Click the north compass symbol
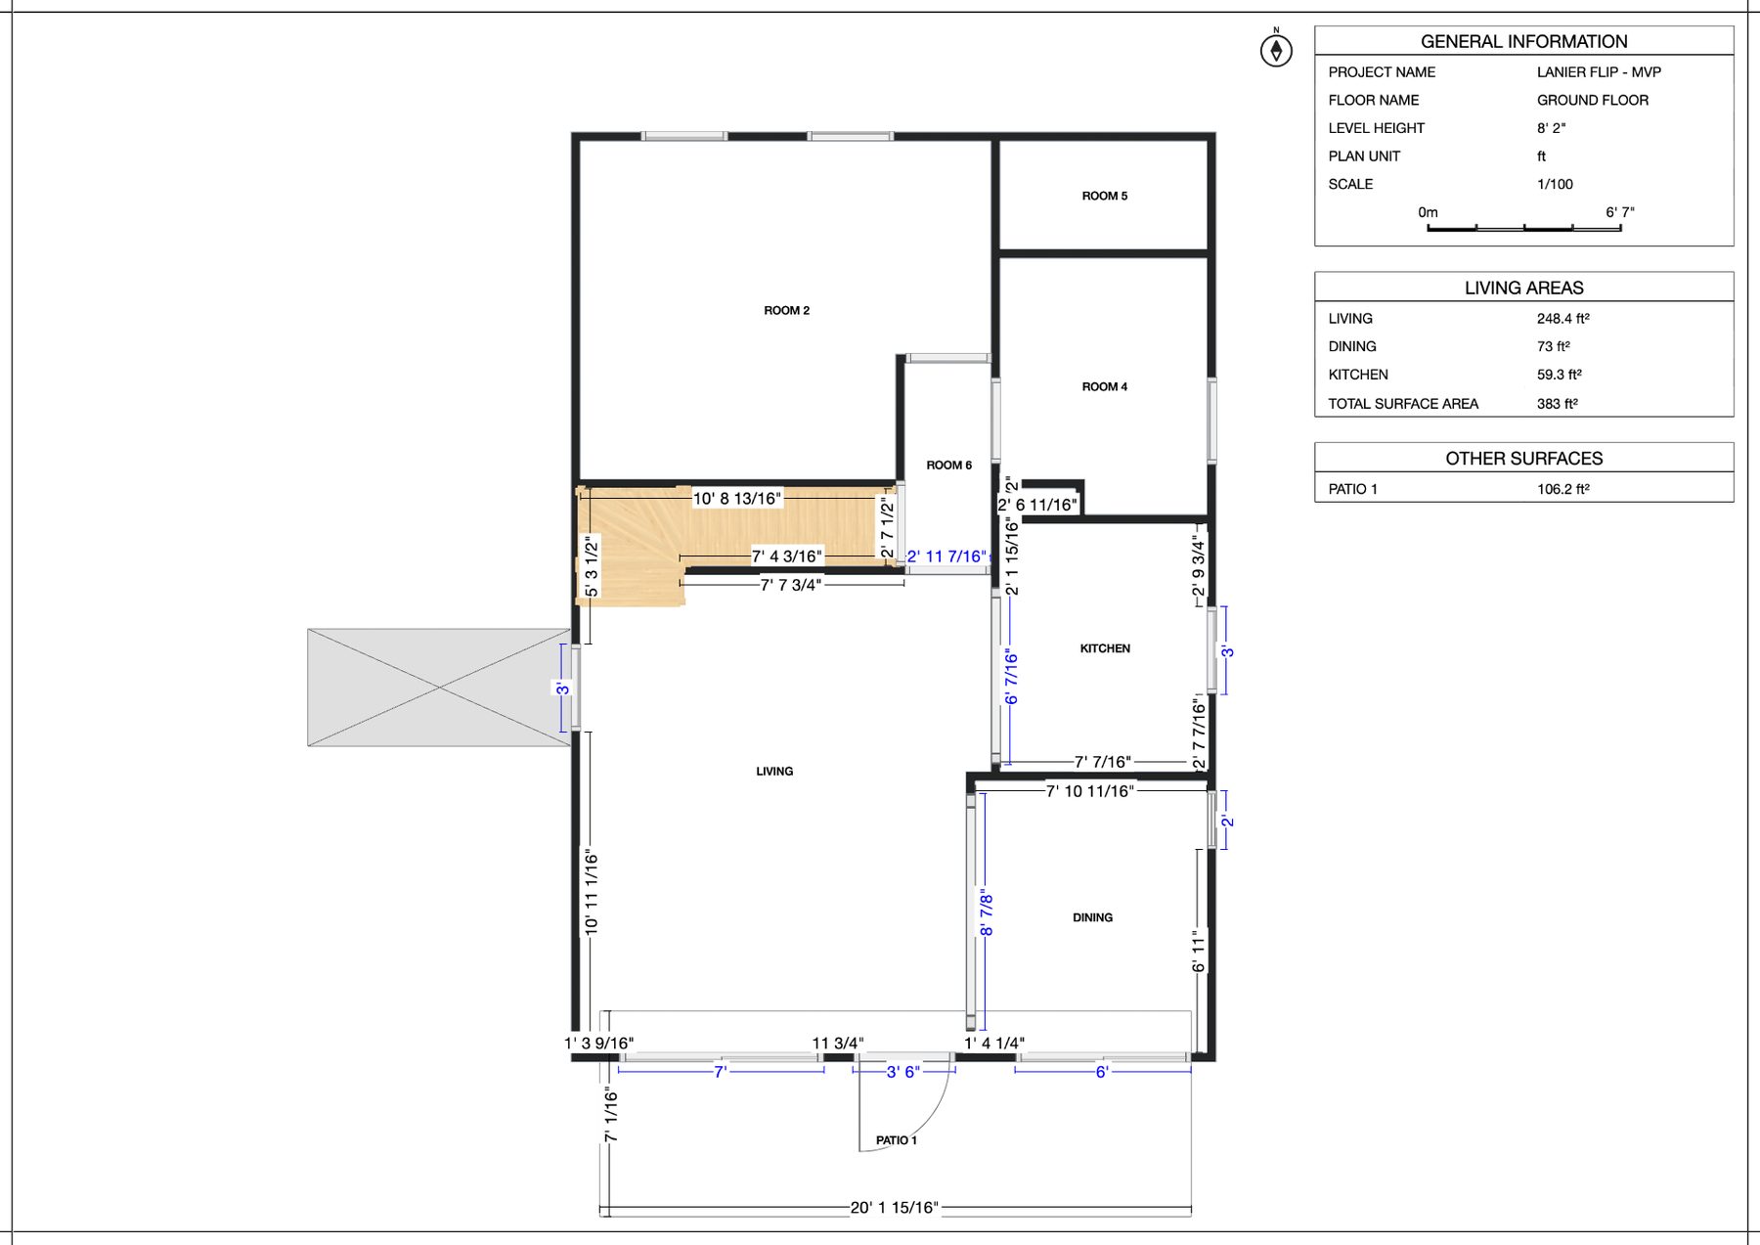click(1276, 50)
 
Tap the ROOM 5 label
click(1104, 196)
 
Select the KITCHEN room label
click(1105, 648)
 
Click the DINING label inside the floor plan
click(1092, 917)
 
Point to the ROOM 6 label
click(948, 465)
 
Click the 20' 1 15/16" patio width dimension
click(894, 1207)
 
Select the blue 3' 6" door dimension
click(902, 1072)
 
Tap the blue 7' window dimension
click(721, 1072)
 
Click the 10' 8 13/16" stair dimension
click(737, 499)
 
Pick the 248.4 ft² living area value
click(1562, 319)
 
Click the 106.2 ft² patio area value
click(1562, 489)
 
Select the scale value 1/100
click(1555, 184)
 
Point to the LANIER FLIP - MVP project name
click(1599, 72)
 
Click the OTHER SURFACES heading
click(1523, 459)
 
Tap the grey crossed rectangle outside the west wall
click(439, 688)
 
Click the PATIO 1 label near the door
click(896, 1140)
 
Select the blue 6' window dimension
click(1101, 1072)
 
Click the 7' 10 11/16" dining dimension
click(1089, 791)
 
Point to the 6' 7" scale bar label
click(1619, 212)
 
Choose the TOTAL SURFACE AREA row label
click(1402, 404)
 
